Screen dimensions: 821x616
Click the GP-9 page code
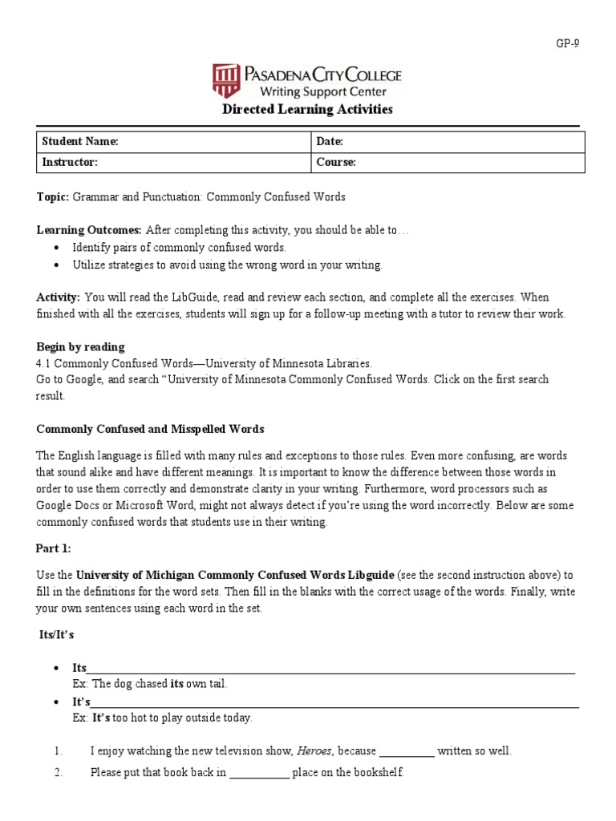[x=566, y=44]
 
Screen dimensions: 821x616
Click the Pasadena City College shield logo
[x=226, y=81]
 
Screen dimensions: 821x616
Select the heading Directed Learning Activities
[x=307, y=109]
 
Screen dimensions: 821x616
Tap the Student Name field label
[x=79, y=141]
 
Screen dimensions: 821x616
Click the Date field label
[x=330, y=141]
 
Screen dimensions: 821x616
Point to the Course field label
[x=336, y=162]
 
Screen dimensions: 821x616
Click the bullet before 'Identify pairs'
[x=55, y=248]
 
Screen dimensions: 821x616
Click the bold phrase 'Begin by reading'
[x=80, y=347]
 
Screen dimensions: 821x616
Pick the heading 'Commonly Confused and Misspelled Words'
[x=150, y=429]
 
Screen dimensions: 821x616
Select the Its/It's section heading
[x=57, y=634]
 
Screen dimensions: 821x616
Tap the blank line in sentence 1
[x=407, y=752]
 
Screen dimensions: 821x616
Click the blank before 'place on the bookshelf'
[x=259, y=774]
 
